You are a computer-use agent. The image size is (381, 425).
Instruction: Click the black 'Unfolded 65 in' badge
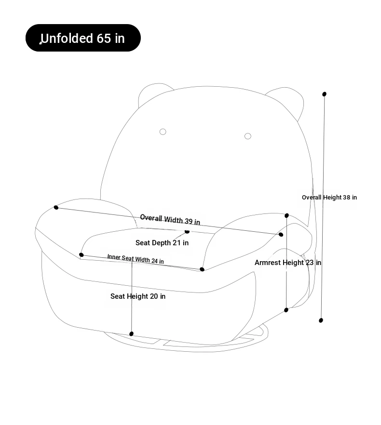pyautogui.click(x=83, y=38)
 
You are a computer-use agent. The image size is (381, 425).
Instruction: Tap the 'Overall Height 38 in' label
pyautogui.click(x=329, y=198)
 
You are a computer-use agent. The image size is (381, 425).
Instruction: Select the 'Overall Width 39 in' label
pyautogui.click(x=170, y=220)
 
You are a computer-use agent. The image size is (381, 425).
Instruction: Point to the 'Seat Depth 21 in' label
pyautogui.click(x=162, y=242)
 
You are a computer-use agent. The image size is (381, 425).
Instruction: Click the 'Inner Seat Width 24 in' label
pyautogui.click(x=136, y=259)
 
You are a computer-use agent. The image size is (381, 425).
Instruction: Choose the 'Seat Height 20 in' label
pyautogui.click(x=138, y=296)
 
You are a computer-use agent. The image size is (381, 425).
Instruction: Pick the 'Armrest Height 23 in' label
pyautogui.click(x=287, y=262)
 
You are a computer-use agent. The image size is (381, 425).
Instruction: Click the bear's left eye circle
pyautogui.click(x=163, y=132)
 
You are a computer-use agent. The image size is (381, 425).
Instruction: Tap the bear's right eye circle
pyautogui.click(x=248, y=136)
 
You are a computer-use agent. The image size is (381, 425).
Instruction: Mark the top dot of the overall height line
pyautogui.click(x=324, y=94)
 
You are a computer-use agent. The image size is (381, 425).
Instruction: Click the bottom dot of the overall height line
pyautogui.click(x=321, y=320)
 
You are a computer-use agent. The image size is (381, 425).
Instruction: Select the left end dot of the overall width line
pyautogui.click(x=56, y=207)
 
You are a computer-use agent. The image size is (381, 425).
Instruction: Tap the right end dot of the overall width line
pyautogui.click(x=281, y=235)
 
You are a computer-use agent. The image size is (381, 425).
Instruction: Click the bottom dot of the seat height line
pyautogui.click(x=131, y=333)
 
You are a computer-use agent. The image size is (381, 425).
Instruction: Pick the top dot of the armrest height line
pyautogui.click(x=286, y=215)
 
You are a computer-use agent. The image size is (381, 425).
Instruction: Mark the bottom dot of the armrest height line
pyautogui.click(x=286, y=310)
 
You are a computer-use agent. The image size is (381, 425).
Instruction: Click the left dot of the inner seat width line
pyautogui.click(x=81, y=255)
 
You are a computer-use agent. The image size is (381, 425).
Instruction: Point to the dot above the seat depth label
pyautogui.click(x=187, y=231)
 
